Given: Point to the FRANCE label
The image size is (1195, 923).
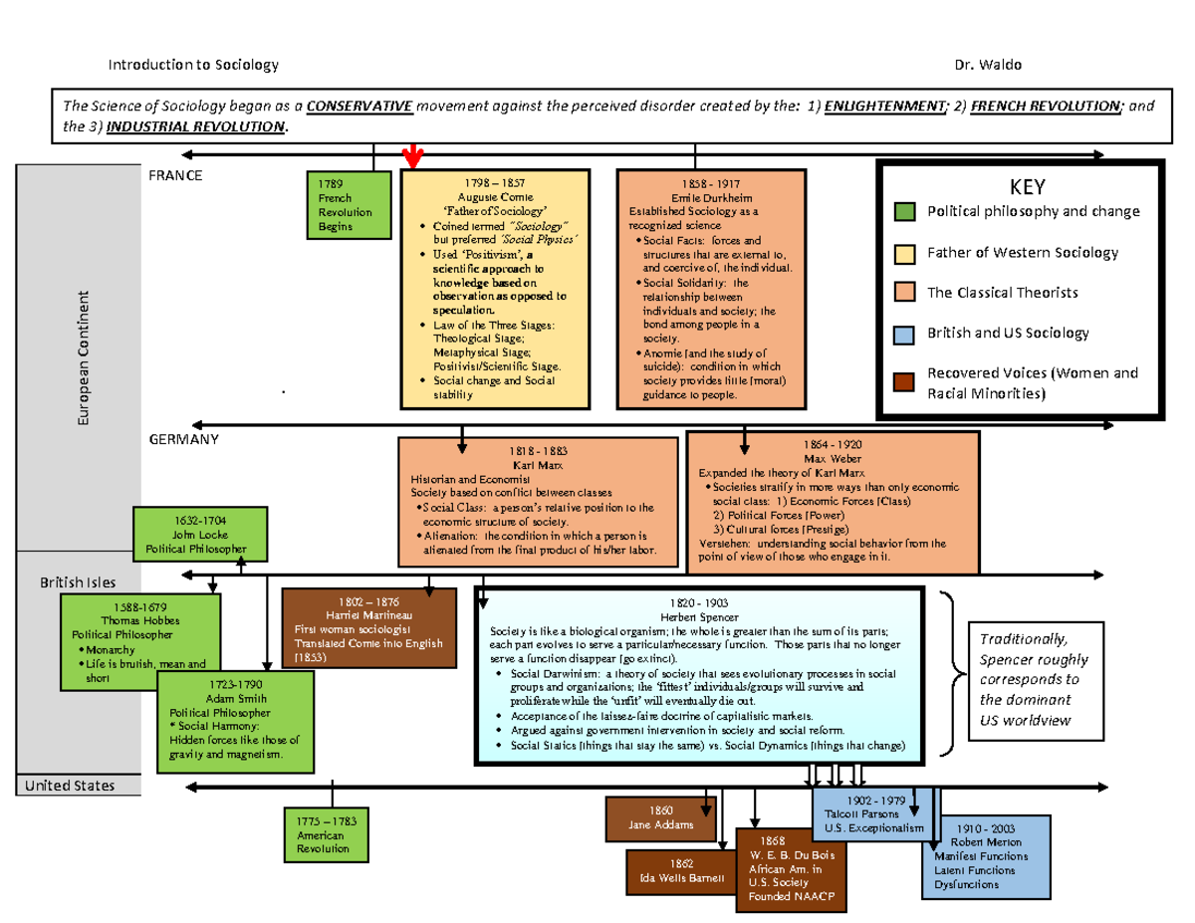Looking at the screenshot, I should pos(175,176).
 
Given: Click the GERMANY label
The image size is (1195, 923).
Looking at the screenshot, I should pos(184,439).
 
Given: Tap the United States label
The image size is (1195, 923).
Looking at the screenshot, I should pos(70,786).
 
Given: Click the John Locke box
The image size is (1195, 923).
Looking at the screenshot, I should pos(200,534).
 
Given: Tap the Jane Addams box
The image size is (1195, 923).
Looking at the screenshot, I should pos(659,817).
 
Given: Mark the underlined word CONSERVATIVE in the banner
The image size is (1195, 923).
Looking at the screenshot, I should pos(359,107).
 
